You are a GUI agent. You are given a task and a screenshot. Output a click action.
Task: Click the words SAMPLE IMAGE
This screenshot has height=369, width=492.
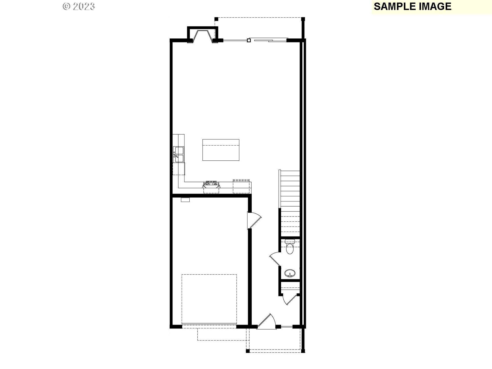point(412,7)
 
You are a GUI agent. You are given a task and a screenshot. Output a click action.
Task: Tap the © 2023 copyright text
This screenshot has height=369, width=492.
point(79,6)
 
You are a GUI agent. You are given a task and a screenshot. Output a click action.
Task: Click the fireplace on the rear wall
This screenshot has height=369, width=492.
point(202,35)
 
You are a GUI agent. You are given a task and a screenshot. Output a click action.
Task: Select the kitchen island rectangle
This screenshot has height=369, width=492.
point(221,150)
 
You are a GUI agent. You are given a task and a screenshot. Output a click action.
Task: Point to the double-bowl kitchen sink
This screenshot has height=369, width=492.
point(179,154)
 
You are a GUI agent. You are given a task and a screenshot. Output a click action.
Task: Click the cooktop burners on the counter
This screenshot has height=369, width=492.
point(211,183)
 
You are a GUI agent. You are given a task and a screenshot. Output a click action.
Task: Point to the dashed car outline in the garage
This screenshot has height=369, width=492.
point(209,299)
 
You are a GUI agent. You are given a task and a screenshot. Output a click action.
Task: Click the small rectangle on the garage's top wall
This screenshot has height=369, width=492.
point(185,200)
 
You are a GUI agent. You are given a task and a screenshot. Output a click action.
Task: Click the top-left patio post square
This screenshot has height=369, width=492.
point(216,19)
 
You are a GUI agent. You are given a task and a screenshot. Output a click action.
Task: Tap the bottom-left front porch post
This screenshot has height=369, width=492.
point(248,351)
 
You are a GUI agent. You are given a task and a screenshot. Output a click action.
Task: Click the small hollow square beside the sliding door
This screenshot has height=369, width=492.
point(249,40)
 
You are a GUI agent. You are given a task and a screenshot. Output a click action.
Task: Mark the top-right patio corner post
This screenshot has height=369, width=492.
point(303,19)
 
